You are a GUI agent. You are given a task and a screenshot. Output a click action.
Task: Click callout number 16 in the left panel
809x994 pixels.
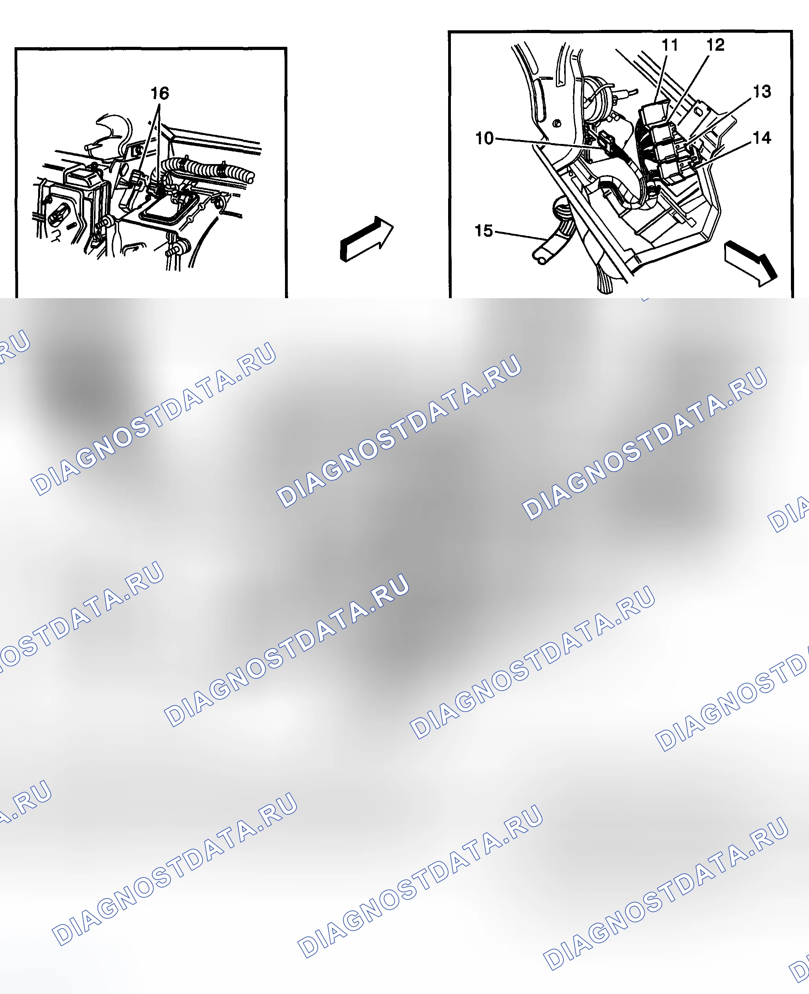(x=159, y=93)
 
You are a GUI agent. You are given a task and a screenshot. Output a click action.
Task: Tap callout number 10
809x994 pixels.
(x=484, y=138)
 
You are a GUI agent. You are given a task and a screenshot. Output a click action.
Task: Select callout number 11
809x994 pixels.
(x=670, y=45)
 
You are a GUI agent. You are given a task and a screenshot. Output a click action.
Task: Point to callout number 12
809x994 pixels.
(x=715, y=45)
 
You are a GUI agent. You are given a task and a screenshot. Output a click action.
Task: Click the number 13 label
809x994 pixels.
(x=762, y=91)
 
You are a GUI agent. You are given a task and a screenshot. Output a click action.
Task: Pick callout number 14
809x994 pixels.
(x=762, y=138)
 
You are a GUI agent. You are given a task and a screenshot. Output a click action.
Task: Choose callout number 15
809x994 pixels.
(x=484, y=231)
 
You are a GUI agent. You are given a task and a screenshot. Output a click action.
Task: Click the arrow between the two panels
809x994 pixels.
(x=367, y=238)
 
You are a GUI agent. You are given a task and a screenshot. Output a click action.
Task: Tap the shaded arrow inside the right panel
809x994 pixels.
(x=751, y=264)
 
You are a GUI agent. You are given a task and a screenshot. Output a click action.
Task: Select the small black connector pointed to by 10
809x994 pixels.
(x=606, y=142)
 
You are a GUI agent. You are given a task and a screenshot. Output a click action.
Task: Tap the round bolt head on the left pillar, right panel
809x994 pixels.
(x=556, y=124)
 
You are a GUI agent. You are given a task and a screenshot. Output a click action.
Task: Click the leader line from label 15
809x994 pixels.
(x=520, y=236)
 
